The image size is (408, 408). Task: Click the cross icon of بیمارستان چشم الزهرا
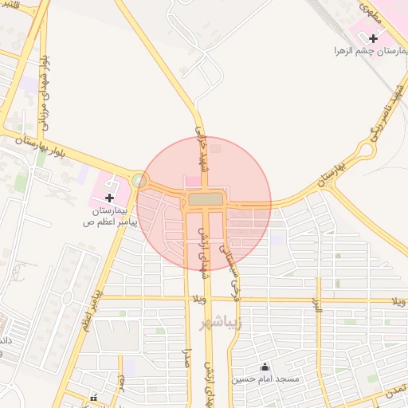tap(373, 37)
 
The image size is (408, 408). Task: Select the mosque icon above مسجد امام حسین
tap(265, 367)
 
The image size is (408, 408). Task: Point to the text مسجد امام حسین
tap(265, 379)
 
